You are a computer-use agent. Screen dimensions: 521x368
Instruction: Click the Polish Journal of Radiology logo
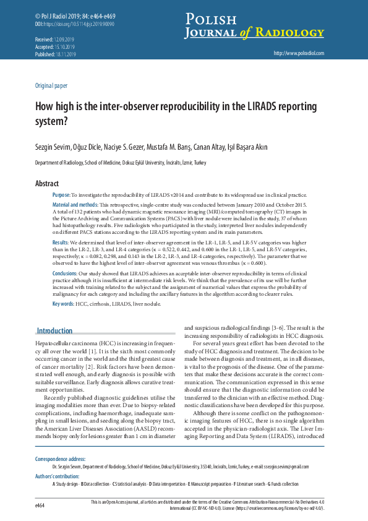254,26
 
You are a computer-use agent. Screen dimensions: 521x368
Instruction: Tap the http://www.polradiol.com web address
298,54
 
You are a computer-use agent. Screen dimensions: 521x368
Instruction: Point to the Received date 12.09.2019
64,39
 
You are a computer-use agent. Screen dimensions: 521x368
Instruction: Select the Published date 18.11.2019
64,54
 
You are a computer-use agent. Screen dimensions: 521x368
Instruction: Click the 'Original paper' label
51,86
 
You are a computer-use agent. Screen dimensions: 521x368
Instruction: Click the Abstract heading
47,184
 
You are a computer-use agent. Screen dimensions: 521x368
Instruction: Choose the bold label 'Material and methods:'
75,204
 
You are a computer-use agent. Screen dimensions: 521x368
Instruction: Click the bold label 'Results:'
61,243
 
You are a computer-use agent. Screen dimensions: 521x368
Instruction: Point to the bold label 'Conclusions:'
65,273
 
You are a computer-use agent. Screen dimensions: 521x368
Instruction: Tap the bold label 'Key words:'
63,304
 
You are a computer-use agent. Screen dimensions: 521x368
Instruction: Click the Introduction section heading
54,331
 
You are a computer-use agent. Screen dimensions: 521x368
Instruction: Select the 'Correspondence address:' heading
60,459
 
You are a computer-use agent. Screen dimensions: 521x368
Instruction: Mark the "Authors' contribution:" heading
58,476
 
